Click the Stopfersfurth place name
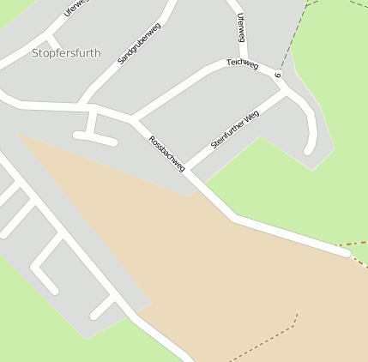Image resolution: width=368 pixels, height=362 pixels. click(66, 53)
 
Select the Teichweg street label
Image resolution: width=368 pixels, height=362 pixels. click(242, 63)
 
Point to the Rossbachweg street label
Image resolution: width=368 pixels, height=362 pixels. click(166, 153)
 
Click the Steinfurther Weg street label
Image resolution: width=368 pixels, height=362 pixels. click(235, 129)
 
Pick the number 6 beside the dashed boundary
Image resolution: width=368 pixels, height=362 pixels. click(278, 75)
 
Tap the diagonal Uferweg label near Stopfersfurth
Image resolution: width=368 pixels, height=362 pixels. click(75, 9)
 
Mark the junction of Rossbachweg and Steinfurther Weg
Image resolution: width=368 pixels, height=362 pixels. click(188, 169)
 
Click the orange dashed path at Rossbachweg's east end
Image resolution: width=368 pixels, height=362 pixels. click(356, 245)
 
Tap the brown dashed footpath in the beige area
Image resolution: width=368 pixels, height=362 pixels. click(266, 338)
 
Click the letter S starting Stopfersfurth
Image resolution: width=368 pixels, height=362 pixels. click(35, 53)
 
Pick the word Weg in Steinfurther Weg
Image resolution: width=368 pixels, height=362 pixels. click(251, 116)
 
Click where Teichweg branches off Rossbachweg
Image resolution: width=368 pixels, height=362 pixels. click(132, 118)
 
